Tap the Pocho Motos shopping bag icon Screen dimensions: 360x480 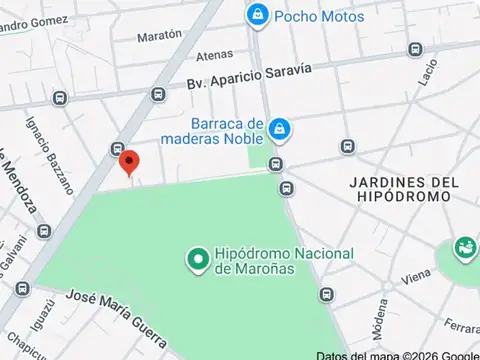(258, 15)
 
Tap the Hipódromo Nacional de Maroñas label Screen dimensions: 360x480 (283, 261)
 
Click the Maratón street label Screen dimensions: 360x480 (159, 36)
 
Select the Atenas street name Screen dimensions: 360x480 (214, 55)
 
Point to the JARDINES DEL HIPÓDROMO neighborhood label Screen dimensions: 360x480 (404, 190)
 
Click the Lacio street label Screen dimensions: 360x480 (429, 72)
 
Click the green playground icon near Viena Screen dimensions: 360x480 (465, 248)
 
